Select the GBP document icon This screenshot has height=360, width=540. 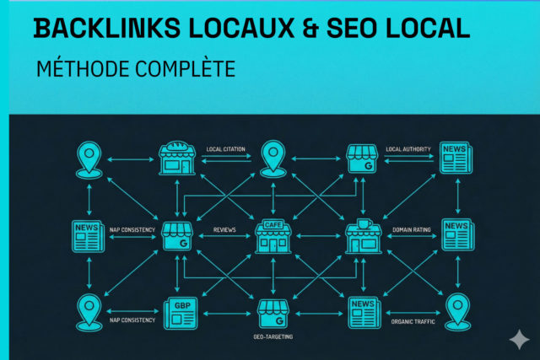click(179, 313)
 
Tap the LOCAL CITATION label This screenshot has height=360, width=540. click(225, 149)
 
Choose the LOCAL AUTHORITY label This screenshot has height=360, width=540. click(408, 149)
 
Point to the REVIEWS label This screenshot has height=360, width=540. click(224, 229)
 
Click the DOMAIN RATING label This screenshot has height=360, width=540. click(412, 229)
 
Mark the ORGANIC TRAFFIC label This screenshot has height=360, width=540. click(412, 320)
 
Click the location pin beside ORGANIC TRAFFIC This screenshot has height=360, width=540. click(456, 310)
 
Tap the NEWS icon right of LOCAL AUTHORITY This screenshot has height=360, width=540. click(456, 157)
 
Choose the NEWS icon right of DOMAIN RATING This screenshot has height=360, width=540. click(456, 234)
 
